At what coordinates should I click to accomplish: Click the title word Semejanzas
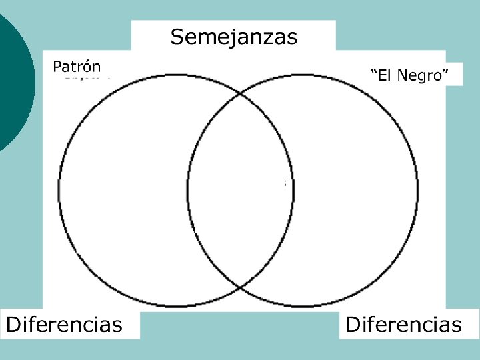point(233,36)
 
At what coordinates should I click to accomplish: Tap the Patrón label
point(77,67)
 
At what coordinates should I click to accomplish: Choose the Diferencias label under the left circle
point(65,325)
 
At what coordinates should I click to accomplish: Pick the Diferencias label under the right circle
point(403,325)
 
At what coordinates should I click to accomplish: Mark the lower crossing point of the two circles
point(240,288)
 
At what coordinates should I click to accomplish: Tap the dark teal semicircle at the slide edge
point(13,80)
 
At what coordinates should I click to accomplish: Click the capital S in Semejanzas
point(177,36)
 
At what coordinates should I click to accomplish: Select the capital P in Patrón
point(57,67)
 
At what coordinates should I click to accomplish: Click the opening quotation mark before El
point(373,71)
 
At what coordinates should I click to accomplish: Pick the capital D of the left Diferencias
point(13,325)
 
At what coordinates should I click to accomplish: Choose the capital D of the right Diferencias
point(351,325)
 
